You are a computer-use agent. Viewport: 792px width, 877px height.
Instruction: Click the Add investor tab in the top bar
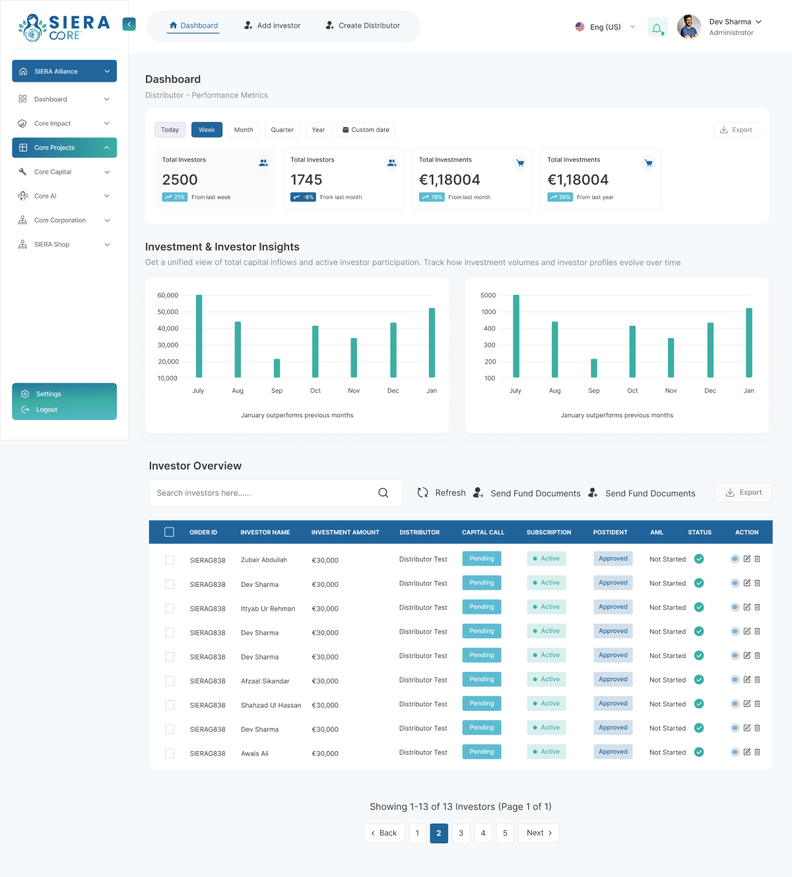pyautogui.click(x=272, y=25)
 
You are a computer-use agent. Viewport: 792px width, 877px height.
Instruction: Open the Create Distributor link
pyautogui.click(x=363, y=25)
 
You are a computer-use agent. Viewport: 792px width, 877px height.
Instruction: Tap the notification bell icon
pyautogui.click(x=657, y=28)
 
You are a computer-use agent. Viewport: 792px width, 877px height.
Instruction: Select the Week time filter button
pyautogui.click(x=207, y=130)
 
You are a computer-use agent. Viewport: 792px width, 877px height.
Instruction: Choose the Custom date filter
pyautogui.click(x=366, y=130)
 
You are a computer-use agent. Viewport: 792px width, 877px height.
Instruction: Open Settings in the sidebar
pyautogui.click(x=49, y=394)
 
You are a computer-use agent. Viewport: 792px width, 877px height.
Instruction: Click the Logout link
pyautogui.click(x=46, y=409)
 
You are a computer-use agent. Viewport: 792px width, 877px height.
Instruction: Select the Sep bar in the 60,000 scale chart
pyautogui.click(x=277, y=368)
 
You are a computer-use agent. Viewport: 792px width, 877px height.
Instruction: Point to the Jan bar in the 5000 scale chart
pyautogui.click(x=749, y=343)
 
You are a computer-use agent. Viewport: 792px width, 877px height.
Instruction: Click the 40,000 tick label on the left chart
pyautogui.click(x=168, y=328)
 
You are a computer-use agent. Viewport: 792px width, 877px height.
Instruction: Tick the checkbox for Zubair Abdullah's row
pyautogui.click(x=170, y=560)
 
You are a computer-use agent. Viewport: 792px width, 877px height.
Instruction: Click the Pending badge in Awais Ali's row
pyautogui.click(x=482, y=752)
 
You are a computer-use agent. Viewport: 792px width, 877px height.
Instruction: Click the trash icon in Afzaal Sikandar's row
pyautogui.click(x=758, y=679)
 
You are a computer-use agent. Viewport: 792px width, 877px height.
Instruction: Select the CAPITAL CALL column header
pyautogui.click(x=483, y=533)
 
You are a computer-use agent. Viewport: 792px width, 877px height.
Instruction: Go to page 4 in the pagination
pyautogui.click(x=483, y=833)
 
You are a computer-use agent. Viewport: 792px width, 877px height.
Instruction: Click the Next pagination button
pyautogui.click(x=539, y=833)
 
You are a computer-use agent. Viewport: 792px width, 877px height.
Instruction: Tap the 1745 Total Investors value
pyautogui.click(x=306, y=179)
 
